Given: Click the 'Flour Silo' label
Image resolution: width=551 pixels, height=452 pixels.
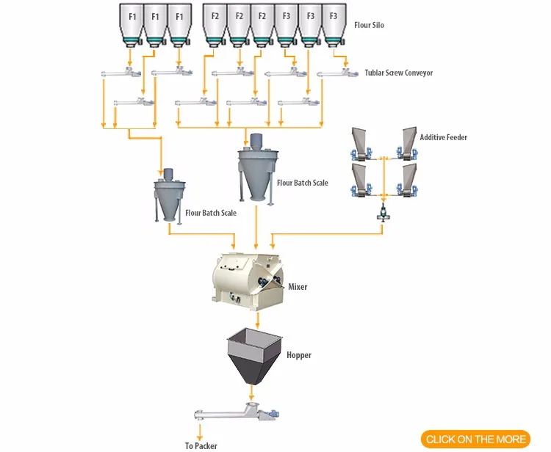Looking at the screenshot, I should point(369,25).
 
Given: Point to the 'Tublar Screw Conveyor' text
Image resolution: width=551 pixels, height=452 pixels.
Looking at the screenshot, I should point(398,73).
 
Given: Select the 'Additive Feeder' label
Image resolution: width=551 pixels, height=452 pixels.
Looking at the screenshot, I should point(443,137).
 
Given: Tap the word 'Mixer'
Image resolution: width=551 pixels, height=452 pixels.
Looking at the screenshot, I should point(298,287).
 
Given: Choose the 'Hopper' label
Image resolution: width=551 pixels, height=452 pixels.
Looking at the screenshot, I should point(299,355).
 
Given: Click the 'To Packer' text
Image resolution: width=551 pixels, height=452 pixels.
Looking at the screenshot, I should point(201,445).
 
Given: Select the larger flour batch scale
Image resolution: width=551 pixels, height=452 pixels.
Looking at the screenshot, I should point(255,169).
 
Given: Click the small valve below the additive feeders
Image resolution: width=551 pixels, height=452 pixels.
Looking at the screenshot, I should point(383,214).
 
